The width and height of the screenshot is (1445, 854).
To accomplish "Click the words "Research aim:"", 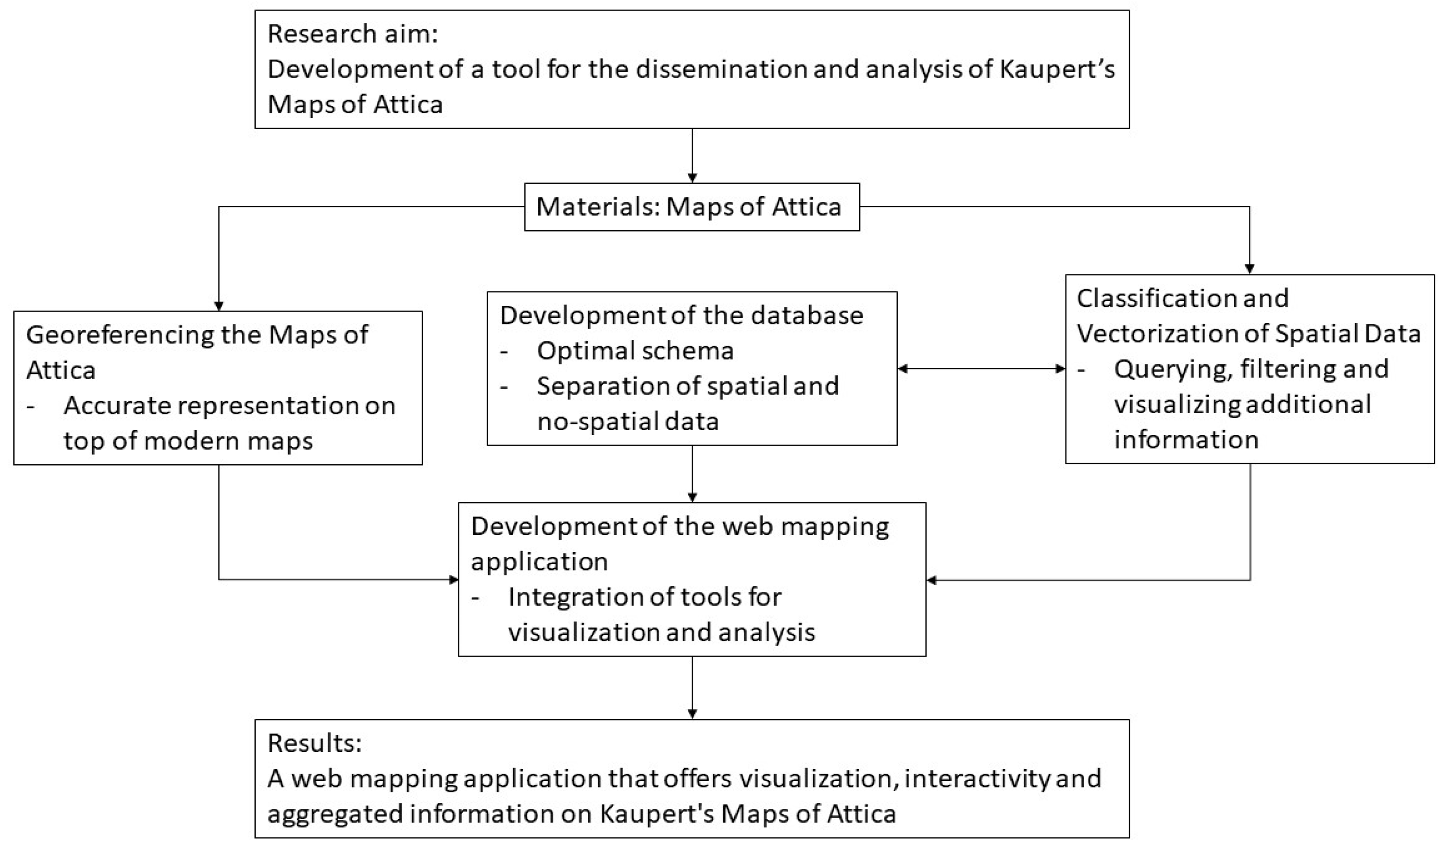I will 352,34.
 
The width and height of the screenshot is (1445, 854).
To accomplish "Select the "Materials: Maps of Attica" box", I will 692,207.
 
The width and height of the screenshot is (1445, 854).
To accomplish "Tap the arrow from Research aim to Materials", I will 692,155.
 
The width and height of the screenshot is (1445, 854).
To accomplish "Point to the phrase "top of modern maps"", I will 188,441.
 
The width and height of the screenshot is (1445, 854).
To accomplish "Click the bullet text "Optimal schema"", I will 635,351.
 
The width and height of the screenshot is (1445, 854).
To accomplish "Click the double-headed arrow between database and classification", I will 981,369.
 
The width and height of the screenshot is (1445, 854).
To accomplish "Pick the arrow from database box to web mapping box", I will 692,474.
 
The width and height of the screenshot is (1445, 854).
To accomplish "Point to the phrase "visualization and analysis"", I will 661,632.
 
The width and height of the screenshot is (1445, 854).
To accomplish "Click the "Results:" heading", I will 315,743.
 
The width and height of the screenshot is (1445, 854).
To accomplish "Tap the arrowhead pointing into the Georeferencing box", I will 219,306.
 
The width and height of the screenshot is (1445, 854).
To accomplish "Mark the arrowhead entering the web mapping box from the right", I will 932,580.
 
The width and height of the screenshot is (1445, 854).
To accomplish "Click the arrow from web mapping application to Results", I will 692,688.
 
